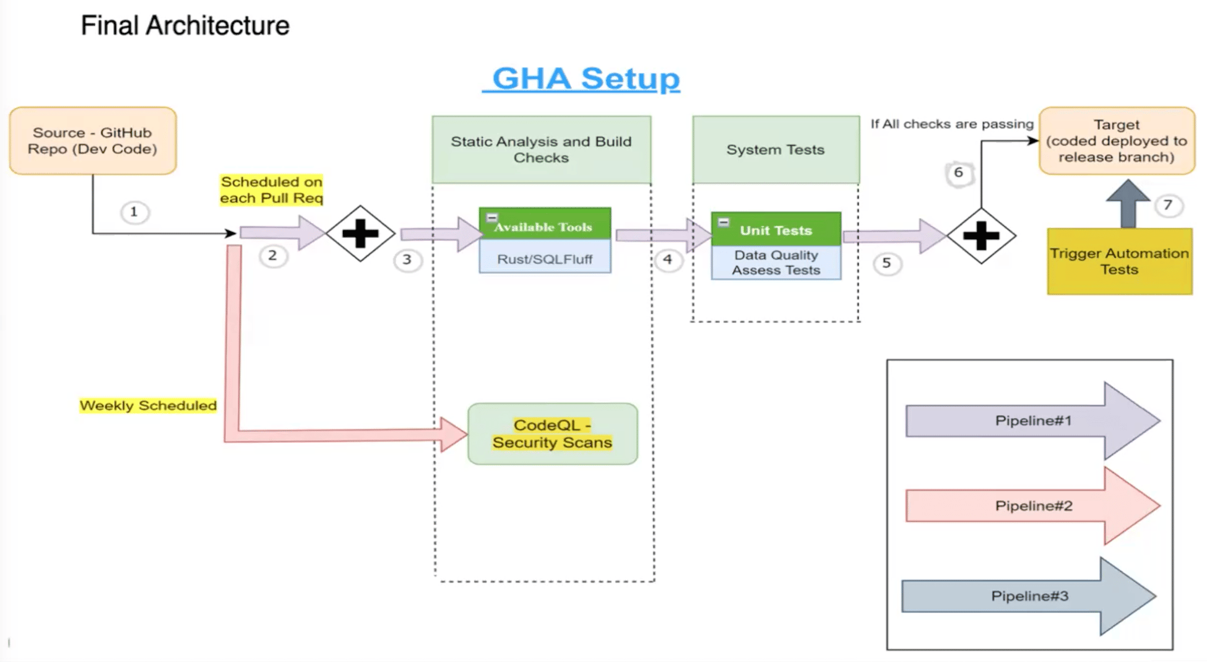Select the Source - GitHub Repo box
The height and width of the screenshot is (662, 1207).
pyautogui.click(x=93, y=141)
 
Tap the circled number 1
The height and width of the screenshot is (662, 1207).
pyautogui.click(x=134, y=212)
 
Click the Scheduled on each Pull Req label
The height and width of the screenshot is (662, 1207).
pyautogui.click(x=272, y=189)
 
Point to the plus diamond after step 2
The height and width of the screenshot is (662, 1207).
pyautogui.click(x=360, y=233)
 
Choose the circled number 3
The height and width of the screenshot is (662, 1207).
pyautogui.click(x=407, y=259)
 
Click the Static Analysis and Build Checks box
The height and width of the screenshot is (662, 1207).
pyautogui.click(x=541, y=149)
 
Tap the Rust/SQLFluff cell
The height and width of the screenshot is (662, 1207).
pyautogui.click(x=545, y=259)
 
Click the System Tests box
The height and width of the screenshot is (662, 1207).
pyautogui.click(x=776, y=149)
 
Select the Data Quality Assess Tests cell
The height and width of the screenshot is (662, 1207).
pyautogui.click(x=776, y=263)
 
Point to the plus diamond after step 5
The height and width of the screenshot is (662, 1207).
pyautogui.click(x=981, y=236)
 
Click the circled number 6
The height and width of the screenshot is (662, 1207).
pyautogui.click(x=958, y=173)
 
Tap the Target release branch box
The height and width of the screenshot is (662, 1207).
pyautogui.click(x=1117, y=141)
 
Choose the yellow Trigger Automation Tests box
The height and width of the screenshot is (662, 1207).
pyautogui.click(x=1119, y=261)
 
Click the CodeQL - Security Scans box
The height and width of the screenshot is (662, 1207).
pyautogui.click(x=552, y=433)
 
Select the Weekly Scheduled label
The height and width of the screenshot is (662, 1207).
pyautogui.click(x=148, y=406)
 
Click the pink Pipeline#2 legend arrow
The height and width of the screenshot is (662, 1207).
pyautogui.click(x=1032, y=506)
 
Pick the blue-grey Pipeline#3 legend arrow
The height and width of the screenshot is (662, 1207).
pyautogui.click(x=1029, y=596)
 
